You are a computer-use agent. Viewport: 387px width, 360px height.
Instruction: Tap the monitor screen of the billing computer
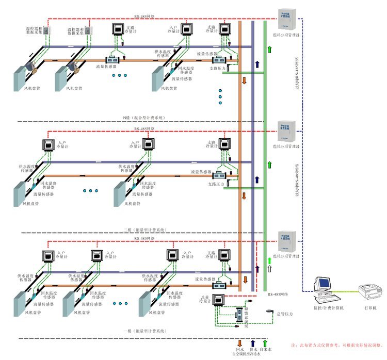click(x=324, y=283)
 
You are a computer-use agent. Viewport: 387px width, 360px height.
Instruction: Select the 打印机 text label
click(x=370, y=308)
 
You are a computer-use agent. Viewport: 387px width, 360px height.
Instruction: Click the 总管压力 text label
click(x=284, y=314)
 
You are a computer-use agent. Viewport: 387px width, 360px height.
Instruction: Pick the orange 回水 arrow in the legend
click(x=239, y=342)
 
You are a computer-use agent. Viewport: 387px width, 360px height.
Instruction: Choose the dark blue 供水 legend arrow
click(x=253, y=342)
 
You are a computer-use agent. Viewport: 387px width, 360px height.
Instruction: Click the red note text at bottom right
click(x=337, y=344)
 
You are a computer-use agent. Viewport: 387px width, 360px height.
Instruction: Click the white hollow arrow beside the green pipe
click(x=268, y=269)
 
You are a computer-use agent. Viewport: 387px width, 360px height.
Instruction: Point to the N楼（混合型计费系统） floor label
click(x=144, y=118)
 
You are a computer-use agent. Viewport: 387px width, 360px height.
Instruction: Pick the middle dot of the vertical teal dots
click(x=220, y=96)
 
